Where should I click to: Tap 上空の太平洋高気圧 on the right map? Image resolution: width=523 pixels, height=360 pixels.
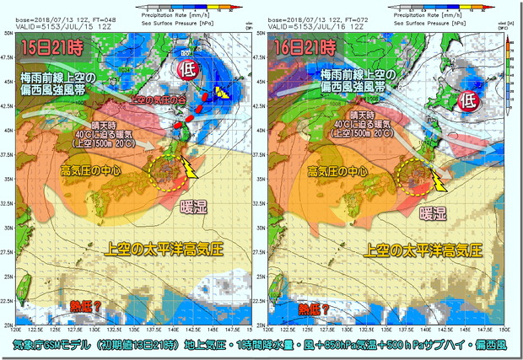click(419, 250)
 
